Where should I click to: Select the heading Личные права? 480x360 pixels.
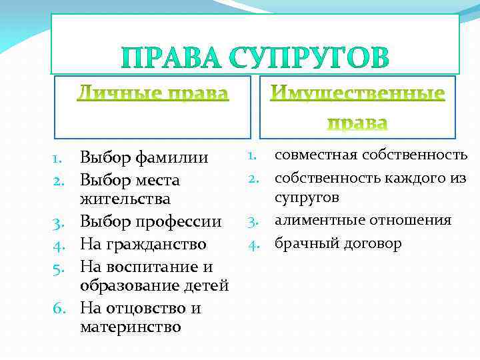152,93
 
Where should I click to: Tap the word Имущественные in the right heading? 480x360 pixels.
357,93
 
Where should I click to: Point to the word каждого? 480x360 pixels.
407,177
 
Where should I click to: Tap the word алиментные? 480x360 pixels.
317,221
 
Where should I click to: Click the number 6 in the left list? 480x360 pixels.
57,309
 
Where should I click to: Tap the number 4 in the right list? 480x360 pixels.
253,245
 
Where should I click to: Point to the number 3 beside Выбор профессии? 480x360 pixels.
57,222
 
